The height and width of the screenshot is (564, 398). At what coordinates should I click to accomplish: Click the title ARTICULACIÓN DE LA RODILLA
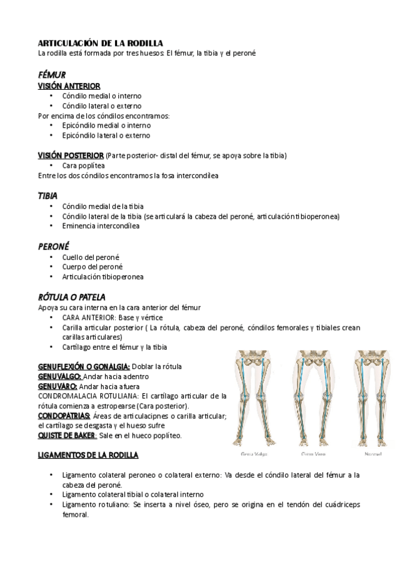pos(101,43)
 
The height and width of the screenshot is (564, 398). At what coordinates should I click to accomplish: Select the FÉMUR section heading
pos(52,75)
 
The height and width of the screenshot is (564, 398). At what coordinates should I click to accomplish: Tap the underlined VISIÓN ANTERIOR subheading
pos(69,86)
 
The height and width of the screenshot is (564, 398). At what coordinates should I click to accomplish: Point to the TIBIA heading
pos(47,196)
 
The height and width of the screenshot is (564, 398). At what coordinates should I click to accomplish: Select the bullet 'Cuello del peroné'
pos(91,257)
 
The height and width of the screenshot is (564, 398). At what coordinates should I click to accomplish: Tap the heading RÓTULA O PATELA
pos(72,297)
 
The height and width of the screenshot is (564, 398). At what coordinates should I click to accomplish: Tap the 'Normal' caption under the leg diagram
pos(372,455)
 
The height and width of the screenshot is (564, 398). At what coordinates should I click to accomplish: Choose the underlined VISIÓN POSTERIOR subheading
pos(71,155)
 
